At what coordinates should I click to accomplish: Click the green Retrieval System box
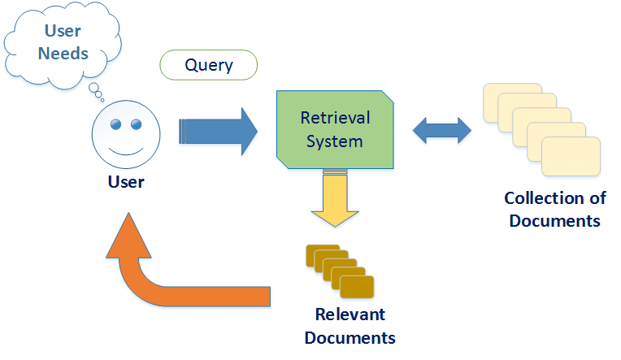[x=336, y=130]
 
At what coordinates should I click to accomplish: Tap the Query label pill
[x=208, y=65]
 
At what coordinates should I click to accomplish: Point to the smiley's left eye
[x=115, y=124]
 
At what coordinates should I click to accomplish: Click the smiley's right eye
[x=135, y=124]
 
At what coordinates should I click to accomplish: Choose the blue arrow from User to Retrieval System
[x=216, y=130]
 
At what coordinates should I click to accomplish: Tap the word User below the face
[x=125, y=182]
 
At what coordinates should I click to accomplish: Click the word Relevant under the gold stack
[x=350, y=314]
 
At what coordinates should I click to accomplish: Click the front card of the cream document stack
[x=571, y=158]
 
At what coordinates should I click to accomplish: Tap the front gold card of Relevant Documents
[x=358, y=287]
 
